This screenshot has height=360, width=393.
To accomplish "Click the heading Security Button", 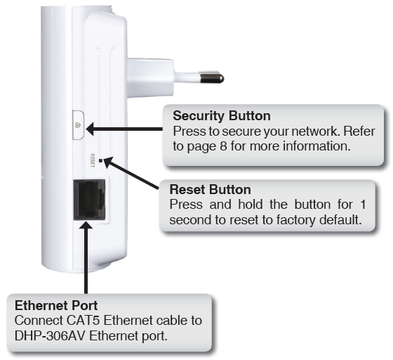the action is tap(222, 116).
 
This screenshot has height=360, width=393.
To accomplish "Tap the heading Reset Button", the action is tap(210, 189).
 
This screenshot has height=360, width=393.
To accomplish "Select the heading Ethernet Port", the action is tap(56, 305).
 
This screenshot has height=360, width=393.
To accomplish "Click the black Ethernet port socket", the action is tap(90, 200).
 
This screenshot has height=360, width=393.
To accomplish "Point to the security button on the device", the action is tap(78, 125).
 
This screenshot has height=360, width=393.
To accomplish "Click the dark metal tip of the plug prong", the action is tap(211, 79).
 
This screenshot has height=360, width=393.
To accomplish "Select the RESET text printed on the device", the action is tap(93, 161).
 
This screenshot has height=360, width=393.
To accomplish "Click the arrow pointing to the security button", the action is tap(125, 129).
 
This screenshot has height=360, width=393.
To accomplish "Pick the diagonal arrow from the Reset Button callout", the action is tap(132, 174).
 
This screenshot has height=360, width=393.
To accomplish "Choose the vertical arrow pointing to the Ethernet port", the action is tap(86, 257).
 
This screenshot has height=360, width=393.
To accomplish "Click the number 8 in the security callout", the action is tap(223, 146).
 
